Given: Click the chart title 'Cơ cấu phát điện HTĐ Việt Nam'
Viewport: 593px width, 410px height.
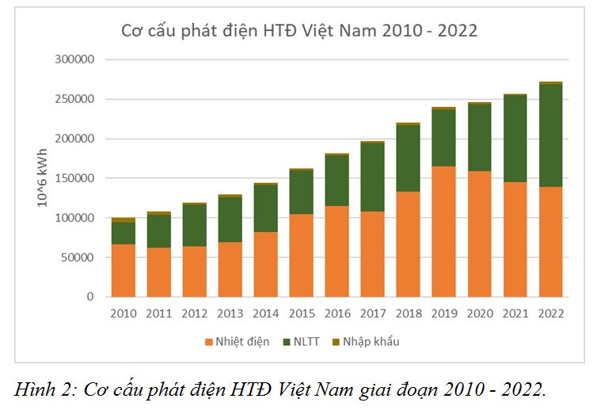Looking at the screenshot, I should (298, 31).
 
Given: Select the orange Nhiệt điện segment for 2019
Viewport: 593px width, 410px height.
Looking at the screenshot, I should (443, 231).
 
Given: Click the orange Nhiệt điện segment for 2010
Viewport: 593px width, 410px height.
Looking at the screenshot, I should (123, 270).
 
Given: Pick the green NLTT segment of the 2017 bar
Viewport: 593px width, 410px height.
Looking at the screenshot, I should (372, 177).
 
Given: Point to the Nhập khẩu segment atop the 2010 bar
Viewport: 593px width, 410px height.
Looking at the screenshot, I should (123, 220).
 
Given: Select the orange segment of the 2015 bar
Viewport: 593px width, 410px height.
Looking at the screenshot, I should (301, 255).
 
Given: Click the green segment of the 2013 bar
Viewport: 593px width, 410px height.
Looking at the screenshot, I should (230, 219).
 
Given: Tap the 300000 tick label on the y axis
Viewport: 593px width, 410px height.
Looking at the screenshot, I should (75, 59).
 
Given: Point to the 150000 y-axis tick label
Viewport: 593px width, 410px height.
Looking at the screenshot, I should (75, 178).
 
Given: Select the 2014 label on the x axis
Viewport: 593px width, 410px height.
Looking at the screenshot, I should (265, 313).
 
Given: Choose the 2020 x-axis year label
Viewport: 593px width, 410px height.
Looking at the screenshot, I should (479, 313).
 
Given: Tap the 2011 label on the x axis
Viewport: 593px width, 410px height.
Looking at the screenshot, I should (158, 313).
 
